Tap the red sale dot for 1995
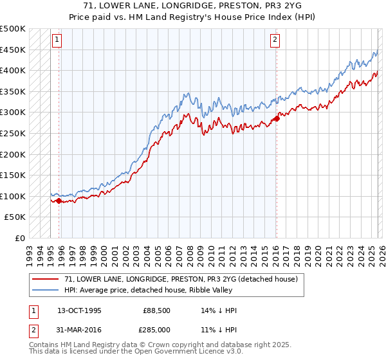(59, 201)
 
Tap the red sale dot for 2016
(277, 118)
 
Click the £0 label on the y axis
(21, 238)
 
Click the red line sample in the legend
(46, 280)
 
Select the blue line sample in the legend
(46, 291)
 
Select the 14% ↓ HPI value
(219, 310)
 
